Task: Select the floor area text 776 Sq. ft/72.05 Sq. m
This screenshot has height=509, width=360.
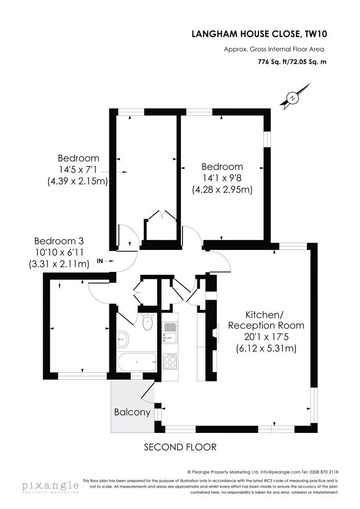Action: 292,62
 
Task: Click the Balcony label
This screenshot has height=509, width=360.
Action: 132,412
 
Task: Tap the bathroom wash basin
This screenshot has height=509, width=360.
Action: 122,339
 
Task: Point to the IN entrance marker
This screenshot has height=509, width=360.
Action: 99,261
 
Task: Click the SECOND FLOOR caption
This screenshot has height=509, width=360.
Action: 180,447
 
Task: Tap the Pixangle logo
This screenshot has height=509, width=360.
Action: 50,486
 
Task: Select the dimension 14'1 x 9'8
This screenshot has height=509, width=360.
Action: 222,178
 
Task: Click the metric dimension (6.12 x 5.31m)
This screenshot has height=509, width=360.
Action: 266,348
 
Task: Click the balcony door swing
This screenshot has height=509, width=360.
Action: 148,392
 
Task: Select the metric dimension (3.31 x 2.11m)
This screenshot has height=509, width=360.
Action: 59,264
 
